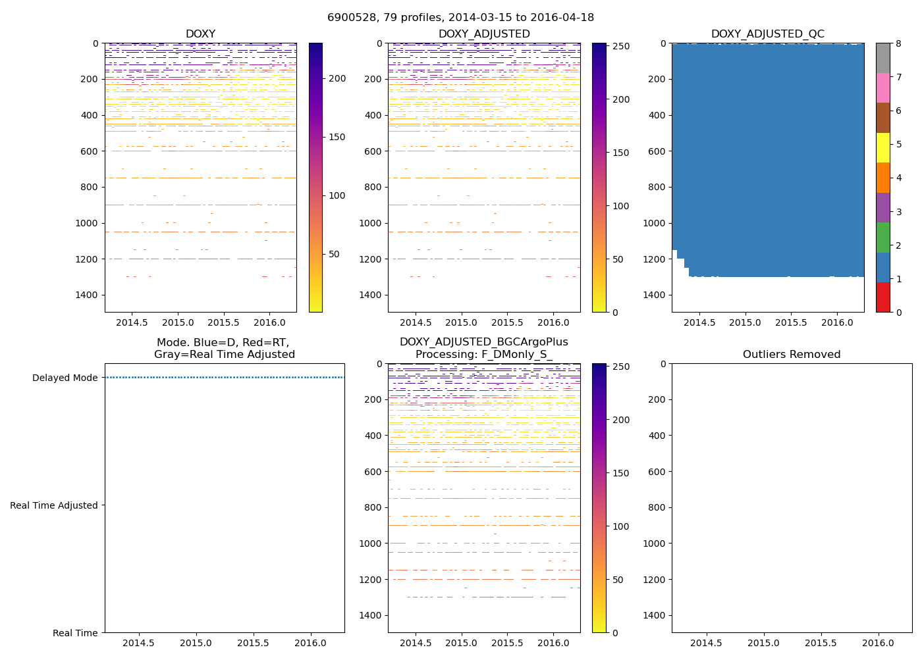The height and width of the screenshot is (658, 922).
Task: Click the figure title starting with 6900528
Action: (x=460, y=18)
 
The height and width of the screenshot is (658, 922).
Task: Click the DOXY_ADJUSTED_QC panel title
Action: (x=767, y=34)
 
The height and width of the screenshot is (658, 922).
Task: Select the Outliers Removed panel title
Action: (x=791, y=355)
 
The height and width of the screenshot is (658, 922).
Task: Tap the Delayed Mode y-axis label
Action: (x=65, y=378)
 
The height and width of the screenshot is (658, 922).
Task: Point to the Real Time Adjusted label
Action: (x=53, y=505)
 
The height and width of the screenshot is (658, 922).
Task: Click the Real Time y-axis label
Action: (x=75, y=633)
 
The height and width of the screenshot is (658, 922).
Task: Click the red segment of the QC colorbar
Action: (x=882, y=297)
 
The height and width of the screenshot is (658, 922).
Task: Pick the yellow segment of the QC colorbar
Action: (x=882, y=147)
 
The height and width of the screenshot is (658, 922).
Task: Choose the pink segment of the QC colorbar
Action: (x=882, y=88)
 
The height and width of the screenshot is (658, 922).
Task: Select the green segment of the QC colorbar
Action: (x=882, y=237)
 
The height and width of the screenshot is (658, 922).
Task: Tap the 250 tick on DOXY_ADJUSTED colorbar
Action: (x=621, y=47)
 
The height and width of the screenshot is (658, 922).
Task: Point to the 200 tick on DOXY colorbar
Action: (x=337, y=79)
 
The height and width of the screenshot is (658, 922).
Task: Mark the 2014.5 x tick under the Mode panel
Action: (x=138, y=643)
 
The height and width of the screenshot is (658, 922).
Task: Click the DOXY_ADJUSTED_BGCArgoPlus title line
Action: (x=483, y=342)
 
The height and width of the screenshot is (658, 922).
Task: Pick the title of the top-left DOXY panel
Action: (x=200, y=34)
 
